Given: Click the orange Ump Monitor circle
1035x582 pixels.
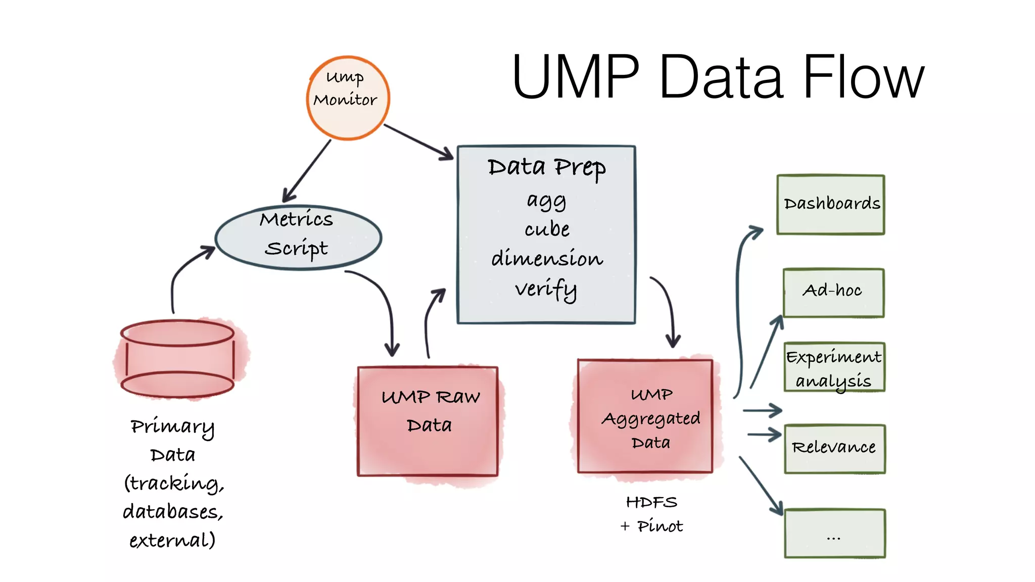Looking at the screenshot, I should pyautogui.click(x=348, y=98).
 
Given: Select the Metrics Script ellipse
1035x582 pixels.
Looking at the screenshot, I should pyautogui.click(x=298, y=237).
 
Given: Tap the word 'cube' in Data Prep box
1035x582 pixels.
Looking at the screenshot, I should pyautogui.click(x=547, y=229).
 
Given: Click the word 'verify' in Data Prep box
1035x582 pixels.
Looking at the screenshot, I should pyautogui.click(x=546, y=289).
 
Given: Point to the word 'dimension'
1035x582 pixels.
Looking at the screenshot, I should pyautogui.click(x=547, y=259).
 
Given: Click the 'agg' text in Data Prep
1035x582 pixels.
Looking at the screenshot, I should pyautogui.click(x=546, y=201).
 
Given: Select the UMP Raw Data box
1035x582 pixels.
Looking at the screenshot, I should pyautogui.click(x=428, y=421).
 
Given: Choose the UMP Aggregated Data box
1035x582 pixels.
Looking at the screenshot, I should pyautogui.click(x=645, y=416).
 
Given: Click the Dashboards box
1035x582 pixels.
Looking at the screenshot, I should pyautogui.click(x=830, y=204).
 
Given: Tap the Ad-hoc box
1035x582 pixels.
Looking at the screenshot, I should pyautogui.click(x=833, y=292).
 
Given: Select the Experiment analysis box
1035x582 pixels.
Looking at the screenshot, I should pyautogui.click(x=834, y=367).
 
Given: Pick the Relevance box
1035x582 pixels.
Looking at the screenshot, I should pyautogui.click(x=834, y=448).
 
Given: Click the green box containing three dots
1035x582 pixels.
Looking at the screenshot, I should pyautogui.click(x=834, y=533).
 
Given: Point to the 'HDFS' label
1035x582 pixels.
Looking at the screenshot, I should pyautogui.click(x=651, y=502).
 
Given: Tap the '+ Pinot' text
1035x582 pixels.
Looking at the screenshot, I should pyautogui.click(x=651, y=526).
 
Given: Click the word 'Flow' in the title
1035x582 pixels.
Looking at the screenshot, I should pyautogui.click(x=862, y=78).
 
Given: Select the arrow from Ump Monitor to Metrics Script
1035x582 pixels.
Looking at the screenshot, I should pyautogui.click(x=307, y=171).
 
